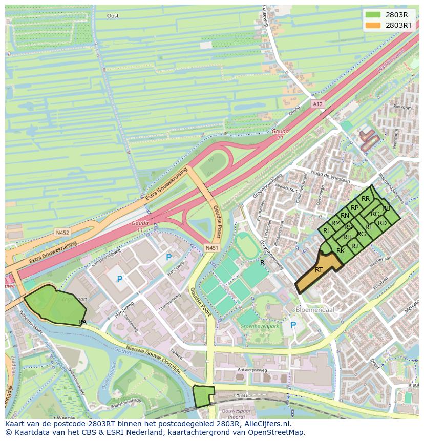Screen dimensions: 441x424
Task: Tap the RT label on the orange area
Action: pos(319,269)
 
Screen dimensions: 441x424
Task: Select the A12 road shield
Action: pos(317,104)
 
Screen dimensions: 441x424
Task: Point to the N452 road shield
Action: pos(62,232)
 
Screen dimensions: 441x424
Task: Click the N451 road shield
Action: pos(211,248)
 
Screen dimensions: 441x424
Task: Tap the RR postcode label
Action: pos(365,199)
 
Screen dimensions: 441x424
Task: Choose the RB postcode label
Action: pos(386,208)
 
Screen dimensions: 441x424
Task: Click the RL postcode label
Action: pos(327,231)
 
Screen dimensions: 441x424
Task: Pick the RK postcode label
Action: pos(341,251)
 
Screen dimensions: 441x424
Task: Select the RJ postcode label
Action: pos(354,246)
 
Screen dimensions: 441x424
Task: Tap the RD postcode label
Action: pos(382,223)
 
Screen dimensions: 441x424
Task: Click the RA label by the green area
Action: pos(82,322)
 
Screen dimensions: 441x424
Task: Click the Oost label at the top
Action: pos(113,16)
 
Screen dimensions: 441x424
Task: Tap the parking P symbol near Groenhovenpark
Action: pos(293,325)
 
